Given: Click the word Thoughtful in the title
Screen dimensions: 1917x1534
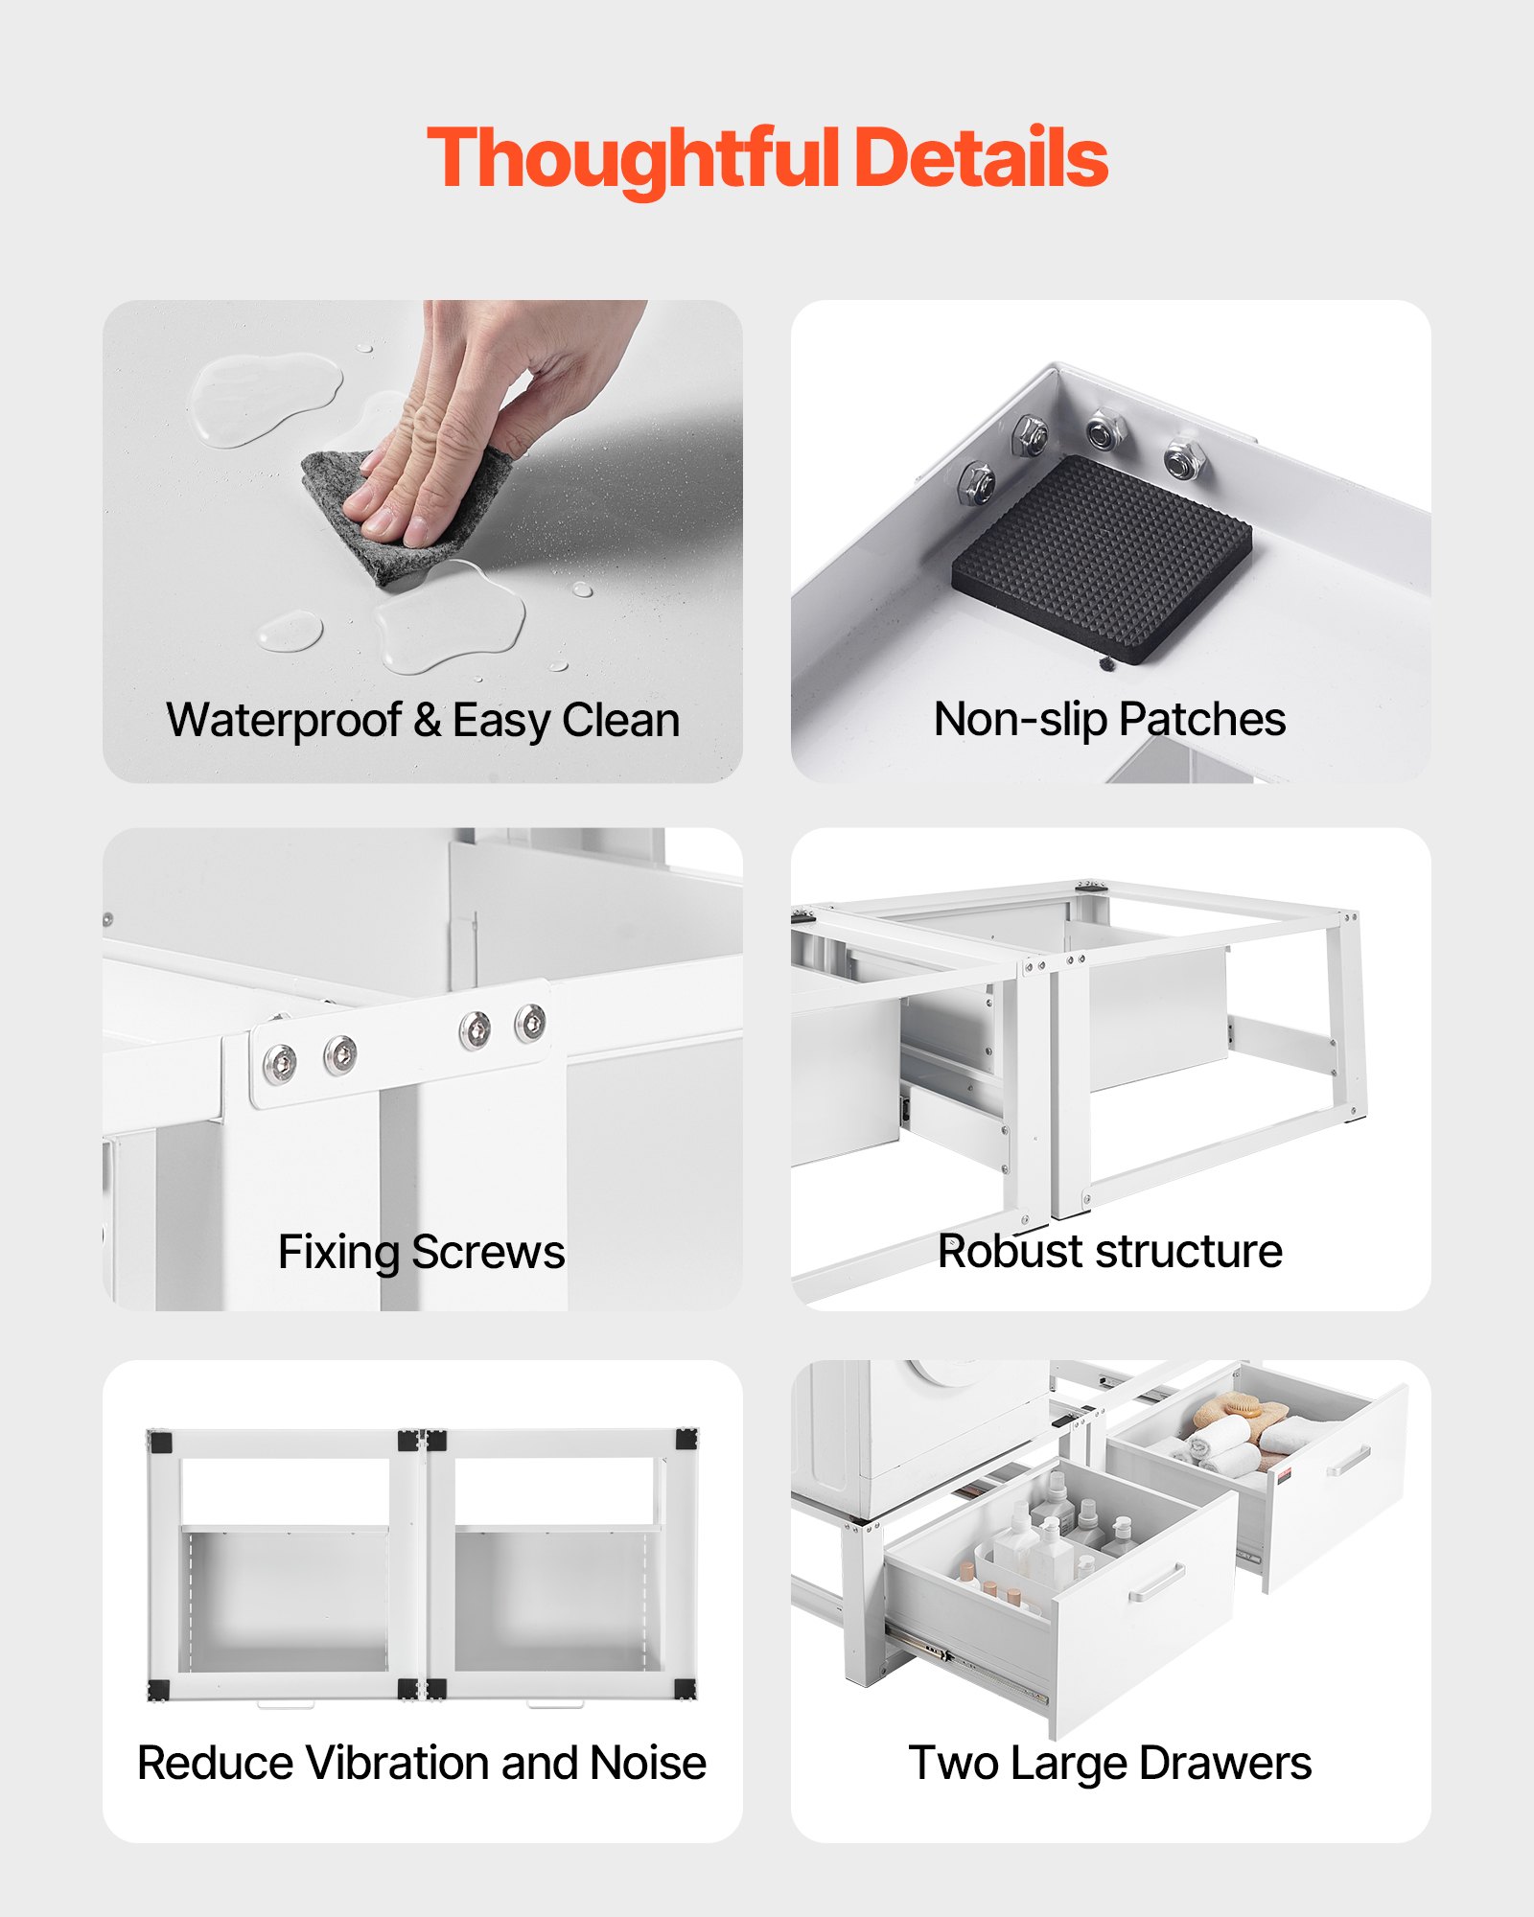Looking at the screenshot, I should (633, 158).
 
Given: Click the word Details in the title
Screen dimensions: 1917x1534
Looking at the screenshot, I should (980, 158).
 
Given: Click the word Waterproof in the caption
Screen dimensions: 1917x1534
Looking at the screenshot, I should (284, 720).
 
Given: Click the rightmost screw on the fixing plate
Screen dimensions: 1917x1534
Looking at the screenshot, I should (530, 1022).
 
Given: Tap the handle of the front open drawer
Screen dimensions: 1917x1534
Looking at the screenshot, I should (1156, 1582).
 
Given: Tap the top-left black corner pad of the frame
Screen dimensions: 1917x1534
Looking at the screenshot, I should (160, 1442).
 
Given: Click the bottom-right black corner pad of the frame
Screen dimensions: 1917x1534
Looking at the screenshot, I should (685, 1689).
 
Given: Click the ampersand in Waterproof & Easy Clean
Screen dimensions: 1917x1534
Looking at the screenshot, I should (427, 720).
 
